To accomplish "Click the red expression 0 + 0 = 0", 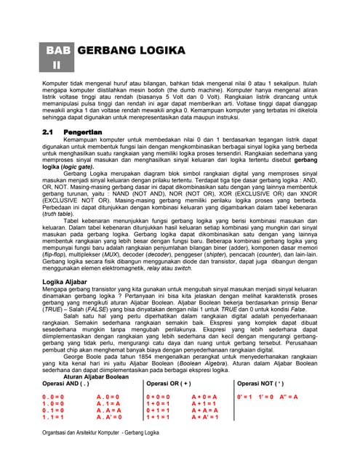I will click(x=159, y=397).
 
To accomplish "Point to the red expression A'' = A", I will click(x=301, y=397).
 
